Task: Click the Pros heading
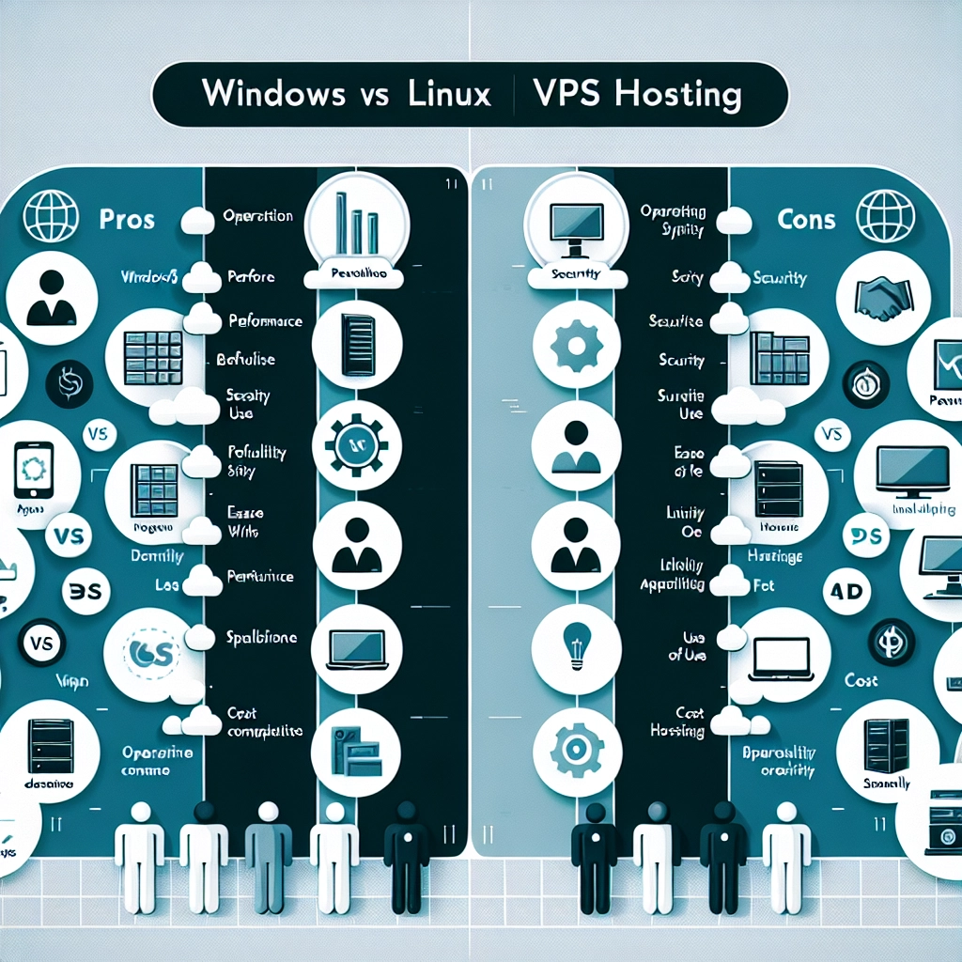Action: click(126, 220)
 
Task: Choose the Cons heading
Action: click(806, 220)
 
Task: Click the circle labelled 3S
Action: click(85, 590)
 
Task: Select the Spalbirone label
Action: click(262, 637)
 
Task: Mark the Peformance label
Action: click(266, 320)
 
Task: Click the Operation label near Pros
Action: click(257, 215)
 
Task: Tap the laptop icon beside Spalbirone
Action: click(357, 648)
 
